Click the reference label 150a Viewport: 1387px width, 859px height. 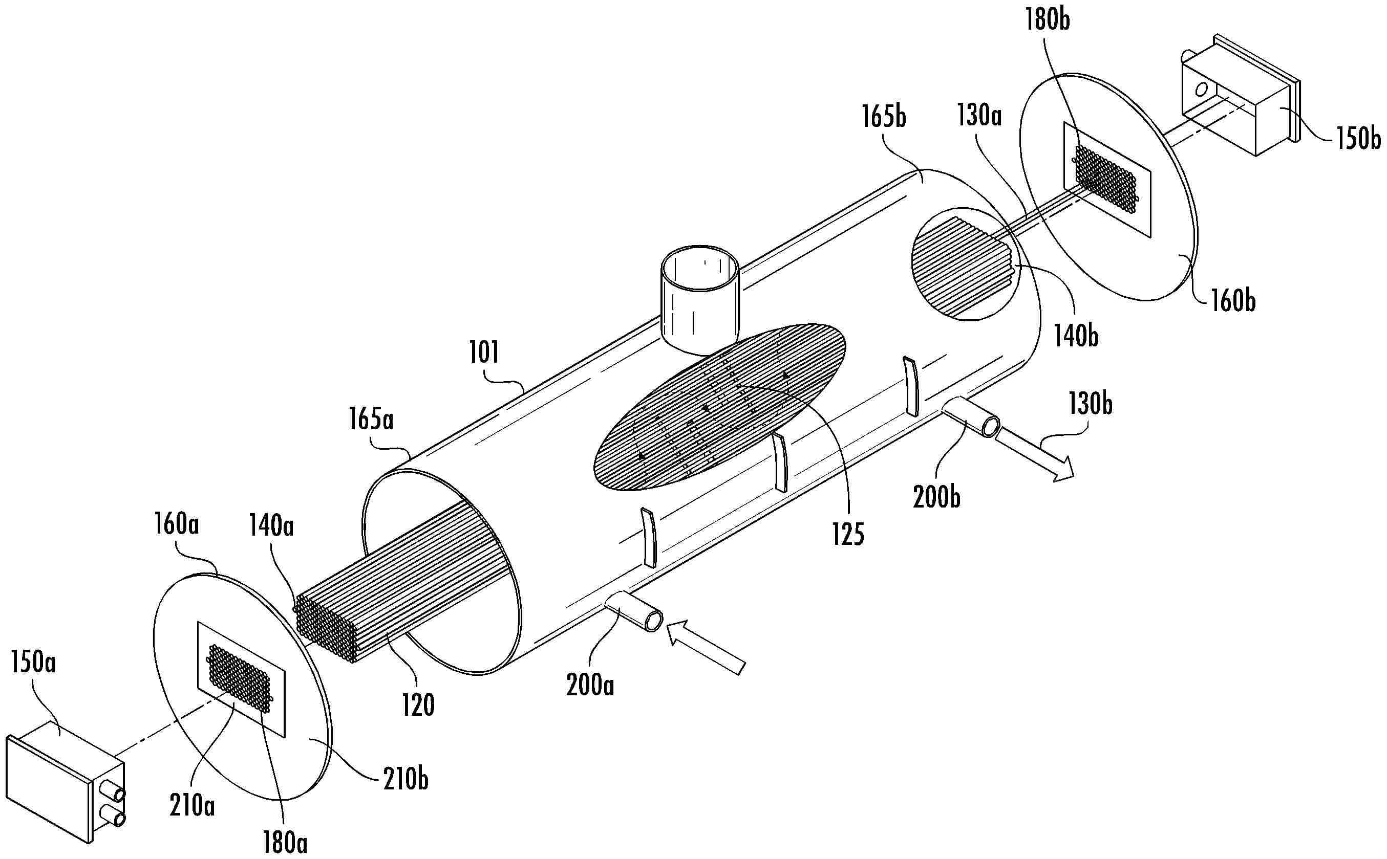(x=32, y=664)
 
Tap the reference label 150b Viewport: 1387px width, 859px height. (x=1358, y=138)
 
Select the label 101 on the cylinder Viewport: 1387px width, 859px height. (x=484, y=353)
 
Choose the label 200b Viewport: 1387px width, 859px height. (x=937, y=497)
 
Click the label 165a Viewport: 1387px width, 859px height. (x=372, y=421)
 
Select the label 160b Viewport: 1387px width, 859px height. (x=1232, y=301)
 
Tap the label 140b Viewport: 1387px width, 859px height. (x=1076, y=336)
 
